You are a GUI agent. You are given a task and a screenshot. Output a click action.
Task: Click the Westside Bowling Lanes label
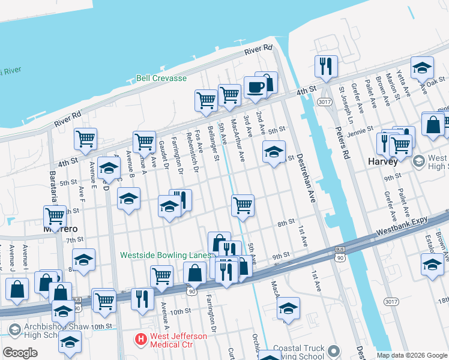166,254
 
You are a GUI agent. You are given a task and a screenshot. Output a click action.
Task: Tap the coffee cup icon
255,88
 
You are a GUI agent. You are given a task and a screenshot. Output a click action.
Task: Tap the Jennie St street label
361,134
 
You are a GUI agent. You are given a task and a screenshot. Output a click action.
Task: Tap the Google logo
20,353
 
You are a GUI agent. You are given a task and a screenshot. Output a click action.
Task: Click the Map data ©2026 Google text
412,355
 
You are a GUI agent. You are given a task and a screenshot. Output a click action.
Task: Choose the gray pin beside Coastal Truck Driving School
335,350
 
